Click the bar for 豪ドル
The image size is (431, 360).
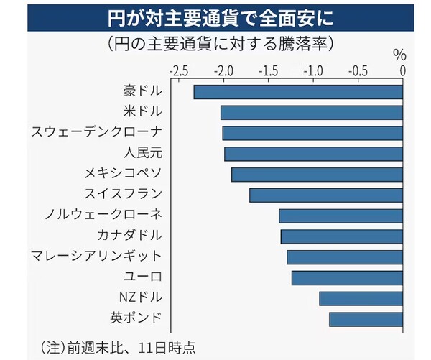[x=298, y=92]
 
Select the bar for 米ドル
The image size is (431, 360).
[x=312, y=113]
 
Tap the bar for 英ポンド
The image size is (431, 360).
[x=366, y=318]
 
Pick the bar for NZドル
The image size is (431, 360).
[x=361, y=298]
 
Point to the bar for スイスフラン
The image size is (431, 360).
[x=326, y=195]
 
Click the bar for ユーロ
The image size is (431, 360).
[x=347, y=277]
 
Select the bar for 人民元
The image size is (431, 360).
[x=313, y=154]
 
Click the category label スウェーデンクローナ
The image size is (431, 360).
[x=97, y=133]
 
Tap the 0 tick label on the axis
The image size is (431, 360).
[x=403, y=71]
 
